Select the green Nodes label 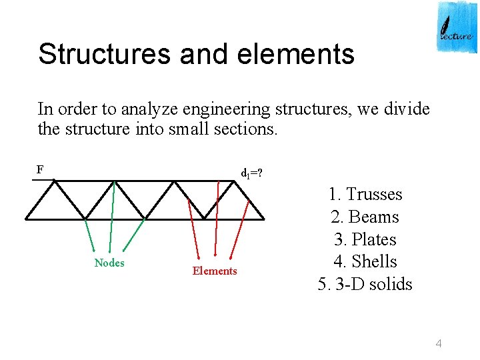point(109,263)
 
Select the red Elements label point(215,271)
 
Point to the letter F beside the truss point(40,169)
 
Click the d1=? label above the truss point(251,175)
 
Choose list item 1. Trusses point(365,195)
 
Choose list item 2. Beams point(365,217)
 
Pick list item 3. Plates point(365,239)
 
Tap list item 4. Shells point(365,262)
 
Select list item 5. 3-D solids point(365,285)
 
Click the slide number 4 point(439,343)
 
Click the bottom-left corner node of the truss point(26,218)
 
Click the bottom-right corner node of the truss point(264,218)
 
